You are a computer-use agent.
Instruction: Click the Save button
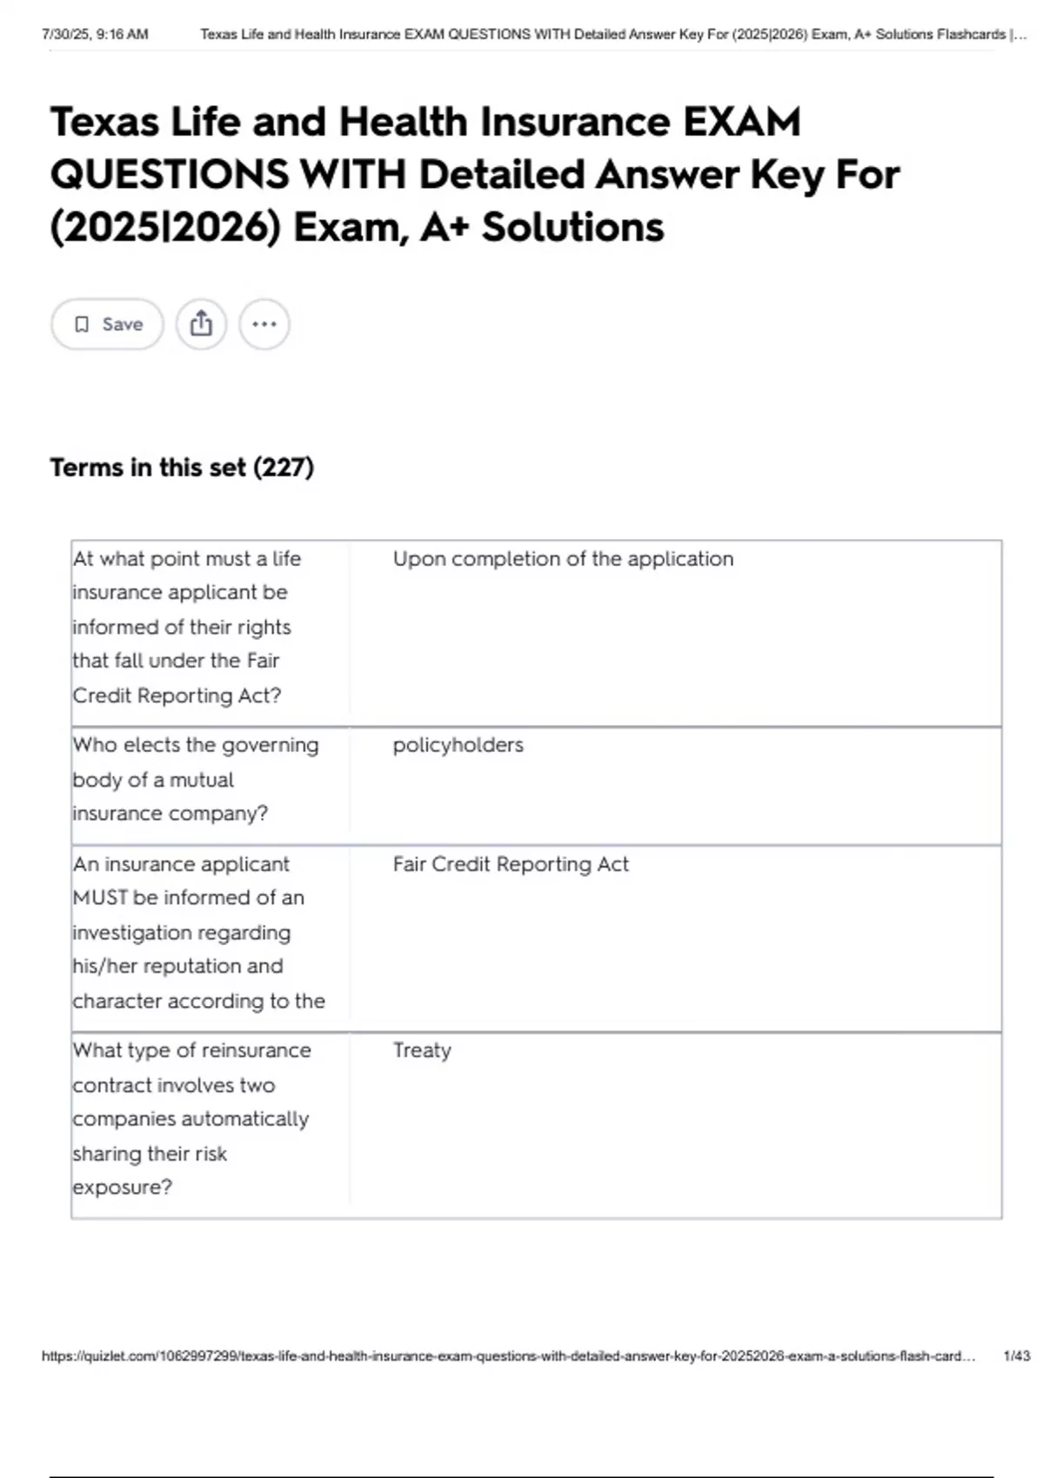tap(107, 324)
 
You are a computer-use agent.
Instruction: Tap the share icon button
tap(201, 324)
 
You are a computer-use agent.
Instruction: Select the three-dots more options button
tap(264, 324)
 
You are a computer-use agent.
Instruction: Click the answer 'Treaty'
tap(422, 1050)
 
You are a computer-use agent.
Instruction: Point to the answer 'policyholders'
tap(458, 745)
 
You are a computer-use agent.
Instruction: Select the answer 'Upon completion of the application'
tap(563, 559)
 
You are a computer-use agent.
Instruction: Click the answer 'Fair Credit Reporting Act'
tap(511, 864)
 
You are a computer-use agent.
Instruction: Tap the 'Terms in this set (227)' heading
tap(182, 468)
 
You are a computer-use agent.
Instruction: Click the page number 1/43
tap(1016, 1355)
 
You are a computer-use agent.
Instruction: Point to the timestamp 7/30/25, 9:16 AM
tap(95, 35)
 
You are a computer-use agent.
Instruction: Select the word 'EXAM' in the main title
tap(741, 122)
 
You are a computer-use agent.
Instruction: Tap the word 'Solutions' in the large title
tap(572, 228)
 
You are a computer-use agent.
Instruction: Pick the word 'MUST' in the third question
tap(100, 897)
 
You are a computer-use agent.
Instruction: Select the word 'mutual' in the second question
tap(202, 780)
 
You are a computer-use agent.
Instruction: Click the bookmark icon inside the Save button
tap(82, 324)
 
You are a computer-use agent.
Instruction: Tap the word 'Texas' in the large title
tap(104, 122)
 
